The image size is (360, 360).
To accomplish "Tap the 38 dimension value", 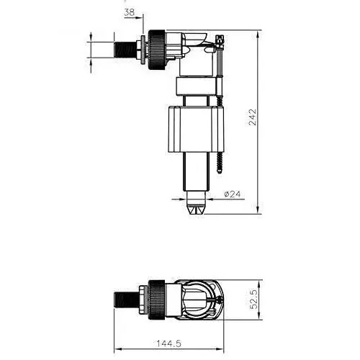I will pos(129,12).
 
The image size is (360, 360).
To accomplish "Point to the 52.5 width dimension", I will pos(253,297).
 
